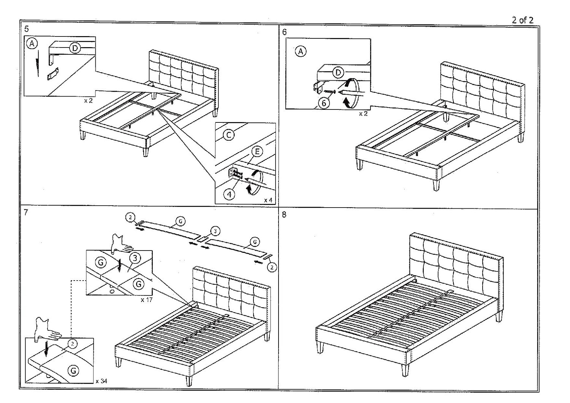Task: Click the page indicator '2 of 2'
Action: (522, 20)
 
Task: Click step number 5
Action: (26, 29)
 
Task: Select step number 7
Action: (26, 213)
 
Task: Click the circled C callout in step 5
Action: (228, 135)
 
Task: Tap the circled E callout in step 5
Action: (257, 152)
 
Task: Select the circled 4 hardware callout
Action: (229, 194)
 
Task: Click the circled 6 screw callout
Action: (324, 103)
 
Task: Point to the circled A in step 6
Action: (301, 51)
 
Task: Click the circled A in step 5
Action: (32, 44)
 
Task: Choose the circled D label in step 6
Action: (337, 72)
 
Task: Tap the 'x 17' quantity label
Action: (146, 300)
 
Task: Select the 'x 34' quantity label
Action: (101, 381)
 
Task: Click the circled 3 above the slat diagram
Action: (215, 231)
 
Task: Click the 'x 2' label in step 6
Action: (363, 114)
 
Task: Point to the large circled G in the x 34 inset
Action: (73, 370)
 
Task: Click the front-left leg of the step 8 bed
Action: (321, 347)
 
